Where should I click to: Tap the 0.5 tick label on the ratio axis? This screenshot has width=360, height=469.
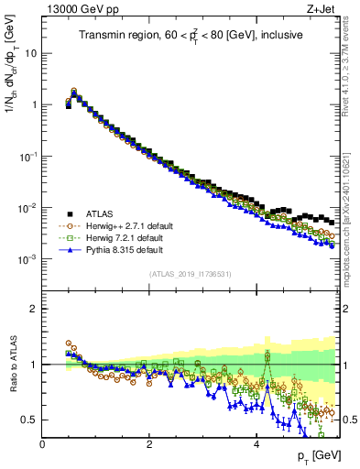click(29, 420)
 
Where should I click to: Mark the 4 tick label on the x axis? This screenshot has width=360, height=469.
click(256, 443)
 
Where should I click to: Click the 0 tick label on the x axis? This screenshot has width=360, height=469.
click(43, 443)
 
